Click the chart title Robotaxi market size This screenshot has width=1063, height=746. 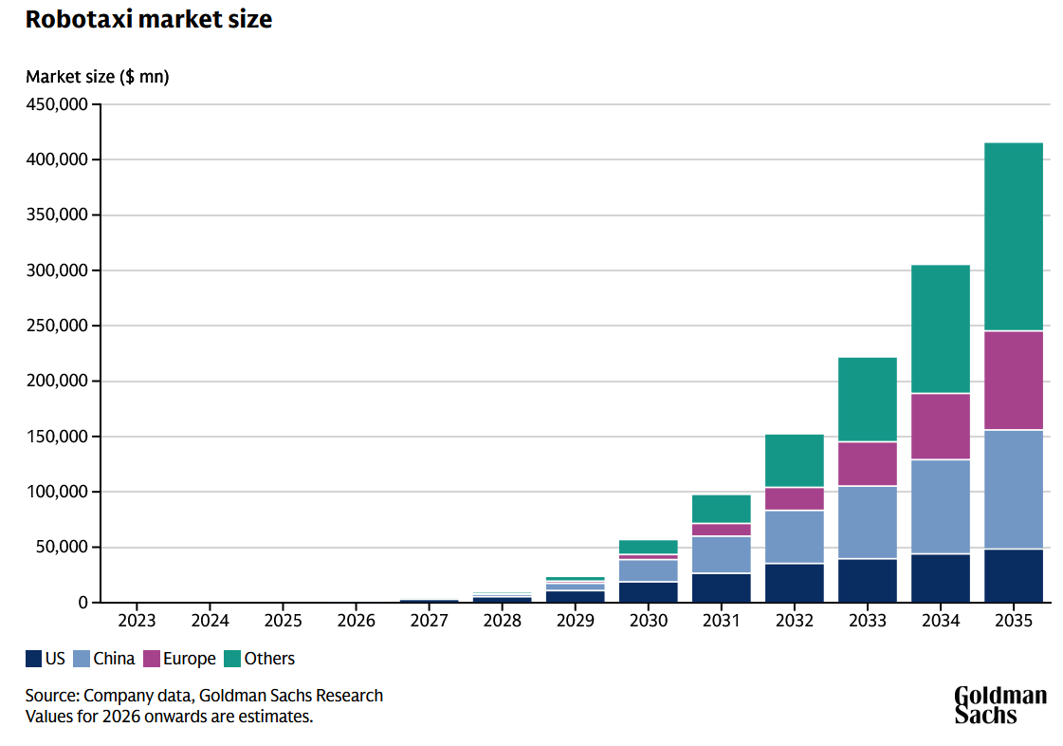[x=149, y=19]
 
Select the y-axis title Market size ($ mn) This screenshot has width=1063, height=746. [x=98, y=77]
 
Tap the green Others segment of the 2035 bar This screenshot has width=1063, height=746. [x=1014, y=237]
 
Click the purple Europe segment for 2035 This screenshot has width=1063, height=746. [x=1014, y=381]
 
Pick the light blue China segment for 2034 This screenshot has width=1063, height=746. [x=941, y=507]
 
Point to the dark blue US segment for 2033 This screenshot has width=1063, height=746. [x=868, y=581]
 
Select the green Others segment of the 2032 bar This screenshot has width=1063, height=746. [x=795, y=461]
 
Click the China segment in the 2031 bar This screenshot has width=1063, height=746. [x=722, y=555]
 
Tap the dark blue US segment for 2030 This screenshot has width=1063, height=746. [x=648, y=592]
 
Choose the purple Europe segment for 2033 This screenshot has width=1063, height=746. [x=868, y=464]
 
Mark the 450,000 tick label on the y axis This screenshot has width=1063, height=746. [x=57, y=104]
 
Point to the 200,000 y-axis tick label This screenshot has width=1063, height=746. [x=57, y=381]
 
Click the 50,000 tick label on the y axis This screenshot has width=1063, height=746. [x=61, y=547]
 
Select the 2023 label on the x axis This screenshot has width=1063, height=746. [x=137, y=621]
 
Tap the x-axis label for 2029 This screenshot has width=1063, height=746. [x=576, y=621]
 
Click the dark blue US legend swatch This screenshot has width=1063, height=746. [x=34, y=659]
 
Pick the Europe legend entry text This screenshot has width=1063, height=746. [x=189, y=659]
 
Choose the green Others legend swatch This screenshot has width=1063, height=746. [x=232, y=659]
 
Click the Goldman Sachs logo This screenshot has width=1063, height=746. [x=1000, y=705]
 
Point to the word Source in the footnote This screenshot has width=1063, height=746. [x=51, y=696]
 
